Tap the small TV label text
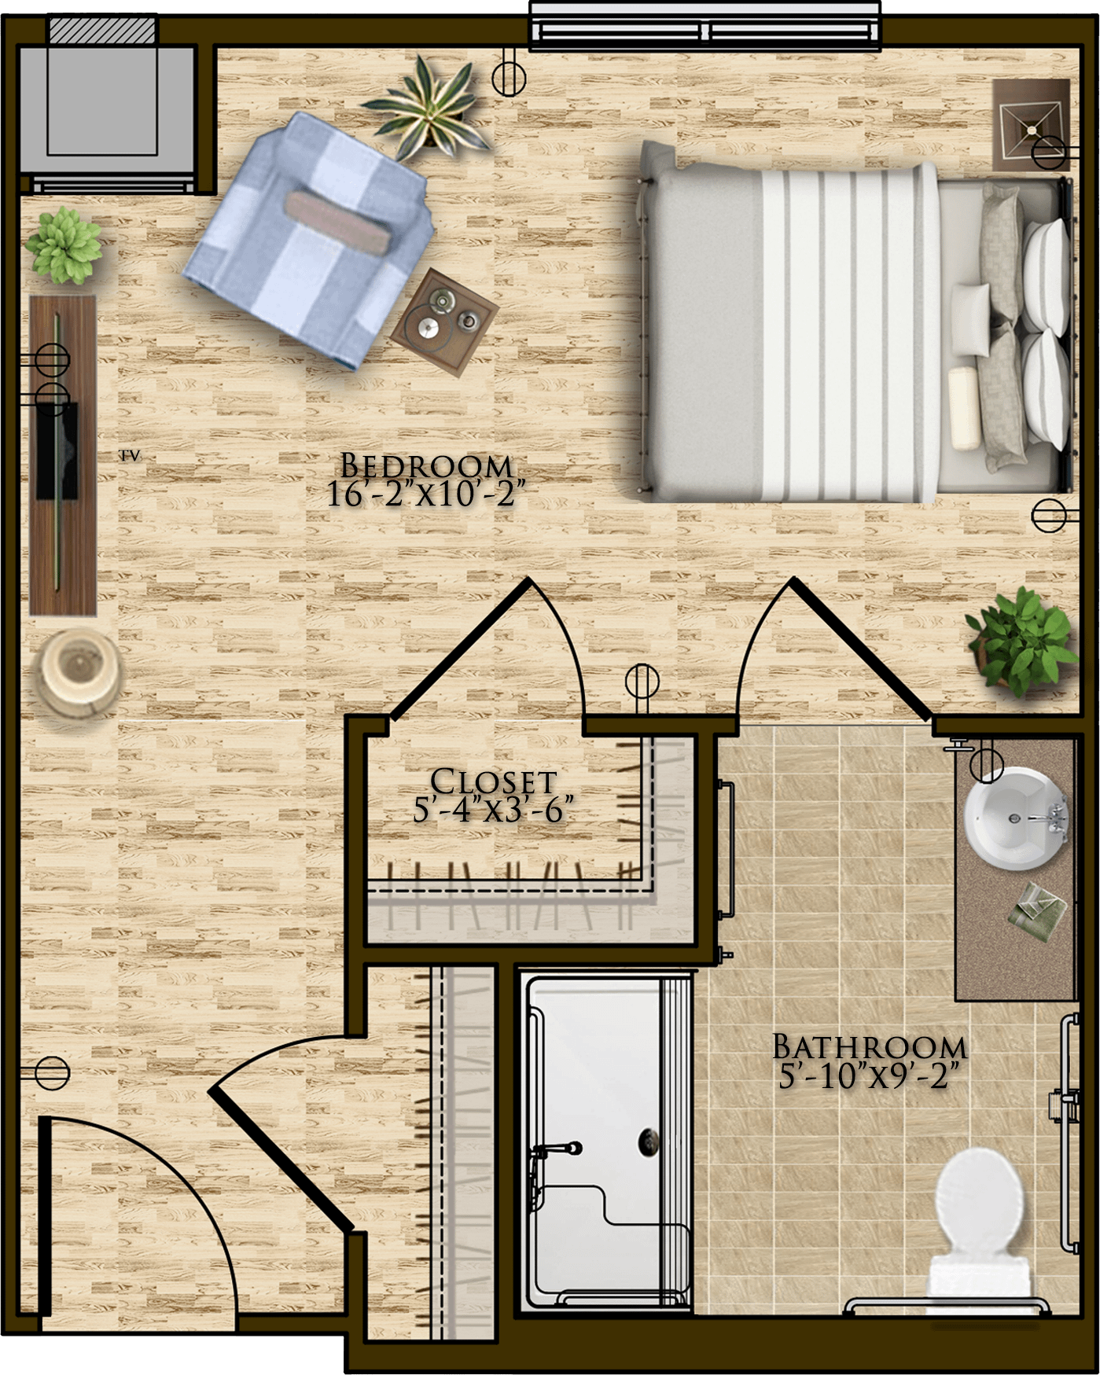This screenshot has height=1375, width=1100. pos(130,455)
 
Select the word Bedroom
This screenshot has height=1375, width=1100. pos(426,465)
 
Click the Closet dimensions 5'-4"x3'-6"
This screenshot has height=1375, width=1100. pos(493,809)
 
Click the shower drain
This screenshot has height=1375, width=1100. pos(649,1140)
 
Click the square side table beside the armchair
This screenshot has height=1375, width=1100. pos(444,317)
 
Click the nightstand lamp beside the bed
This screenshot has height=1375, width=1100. pos(1030,125)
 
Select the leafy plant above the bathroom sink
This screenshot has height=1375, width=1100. pos(1022,641)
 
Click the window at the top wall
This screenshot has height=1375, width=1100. pos(705,26)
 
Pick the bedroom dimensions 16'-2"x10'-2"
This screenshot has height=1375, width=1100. pos(425,494)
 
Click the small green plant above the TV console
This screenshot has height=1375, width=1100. pos(63,244)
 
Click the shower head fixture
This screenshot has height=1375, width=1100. pos(558,1149)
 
